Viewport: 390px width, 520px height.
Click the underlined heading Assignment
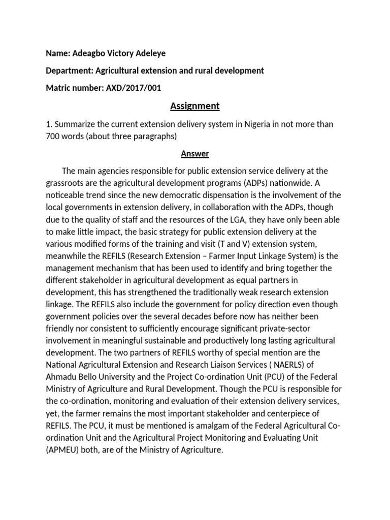(x=195, y=106)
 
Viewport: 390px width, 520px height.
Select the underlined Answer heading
(x=195, y=153)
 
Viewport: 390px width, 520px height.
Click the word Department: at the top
(x=69, y=71)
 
